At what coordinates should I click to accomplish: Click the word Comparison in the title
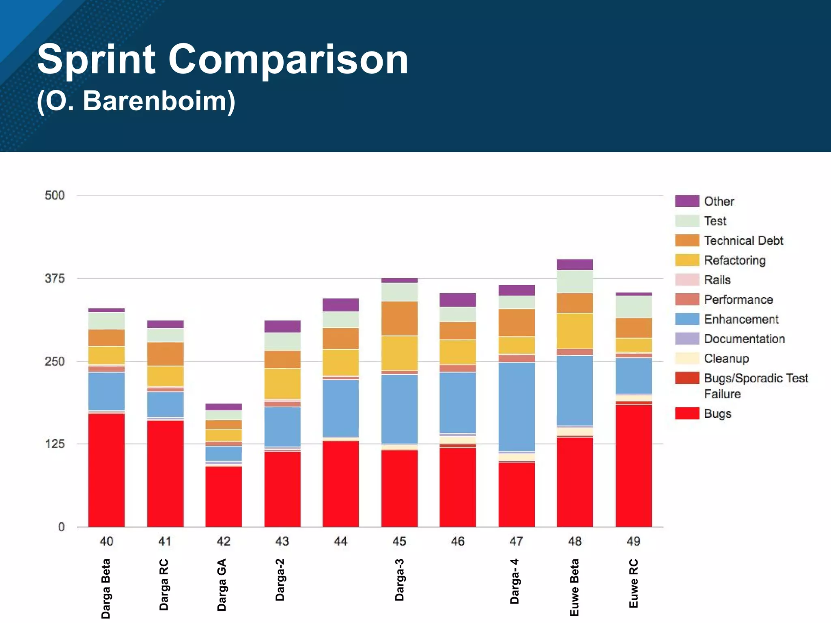pyautogui.click(x=288, y=60)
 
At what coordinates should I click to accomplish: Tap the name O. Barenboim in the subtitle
pyautogui.click(x=136, y=101)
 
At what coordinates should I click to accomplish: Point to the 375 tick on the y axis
pyautogui.click(x=55, y=279)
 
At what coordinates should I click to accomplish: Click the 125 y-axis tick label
pyautogui.click(x=55, y=444)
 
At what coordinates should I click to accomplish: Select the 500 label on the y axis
pyautogui.click(x=55, y=195)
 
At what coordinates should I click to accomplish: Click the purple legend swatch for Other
pyautogui.click(x=687, y=201)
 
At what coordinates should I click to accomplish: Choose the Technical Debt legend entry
pyautogui.click(x=743, y=241)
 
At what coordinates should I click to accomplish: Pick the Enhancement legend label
pyautogui.click(x=741, y=319)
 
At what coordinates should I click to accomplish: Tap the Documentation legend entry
pyautogui.click(x=744, y=339)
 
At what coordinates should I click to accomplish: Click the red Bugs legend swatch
pyautogui.click(x=687, y=414)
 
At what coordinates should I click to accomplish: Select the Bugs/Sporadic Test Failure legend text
pyautogui.click(x=756, y=386)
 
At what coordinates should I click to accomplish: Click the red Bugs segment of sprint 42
pyautogui.click(x=224, y=497)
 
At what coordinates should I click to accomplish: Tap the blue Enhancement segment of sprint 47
pyautogui.click(x=517, y=406)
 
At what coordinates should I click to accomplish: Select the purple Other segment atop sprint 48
pyautogui.click(x=575, y=264)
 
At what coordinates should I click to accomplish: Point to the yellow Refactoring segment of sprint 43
pyautogui.click(x=282, y=384)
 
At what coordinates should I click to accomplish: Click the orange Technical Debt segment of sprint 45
pyautogui.click(x=399, y=318)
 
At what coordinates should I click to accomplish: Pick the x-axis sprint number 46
pyautogui.click(x=458, y=541)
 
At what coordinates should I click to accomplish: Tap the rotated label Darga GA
pyautogui.click(x=222, y=584)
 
